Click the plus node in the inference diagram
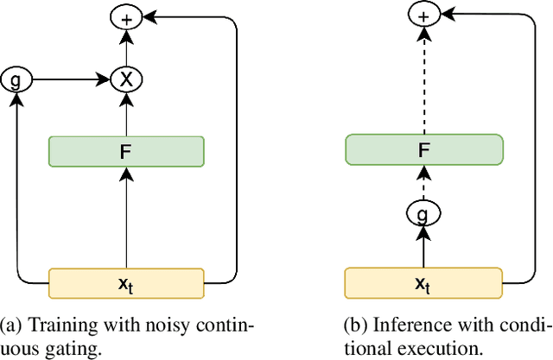point(423,15)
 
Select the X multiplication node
point(127,79)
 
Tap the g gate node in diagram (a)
point(15,79)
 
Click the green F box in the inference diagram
point(423,149)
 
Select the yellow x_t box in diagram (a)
point(127,282)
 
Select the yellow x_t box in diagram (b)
point(423,282)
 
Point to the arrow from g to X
point(69,79)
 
